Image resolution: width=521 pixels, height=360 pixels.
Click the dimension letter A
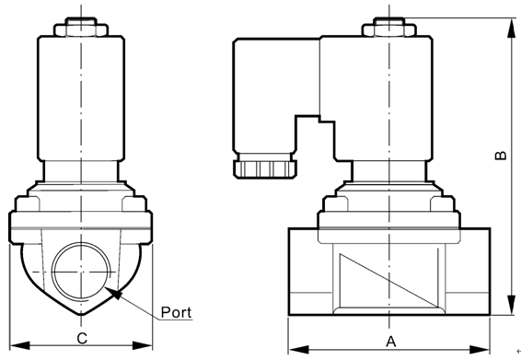point(391,342)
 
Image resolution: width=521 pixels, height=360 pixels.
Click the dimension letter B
point(501,156)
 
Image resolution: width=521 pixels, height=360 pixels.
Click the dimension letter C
point(82,339)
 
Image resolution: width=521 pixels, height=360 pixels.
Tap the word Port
point(176,312)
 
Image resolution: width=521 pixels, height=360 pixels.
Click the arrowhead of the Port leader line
point(113,293)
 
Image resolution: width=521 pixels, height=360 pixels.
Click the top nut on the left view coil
point(81,27)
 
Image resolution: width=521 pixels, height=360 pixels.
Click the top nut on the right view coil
point(388,27)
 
